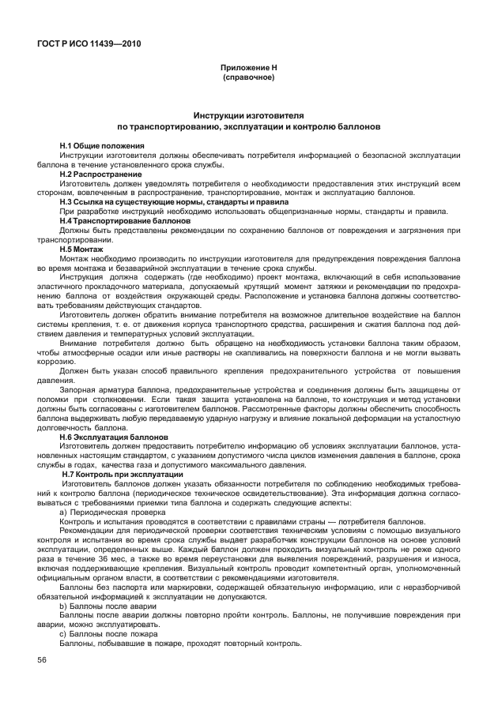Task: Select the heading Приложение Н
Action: (248, 69)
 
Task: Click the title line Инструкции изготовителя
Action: (248, 115)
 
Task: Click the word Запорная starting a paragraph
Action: (76, 389)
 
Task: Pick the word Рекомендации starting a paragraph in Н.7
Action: (87, 531)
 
